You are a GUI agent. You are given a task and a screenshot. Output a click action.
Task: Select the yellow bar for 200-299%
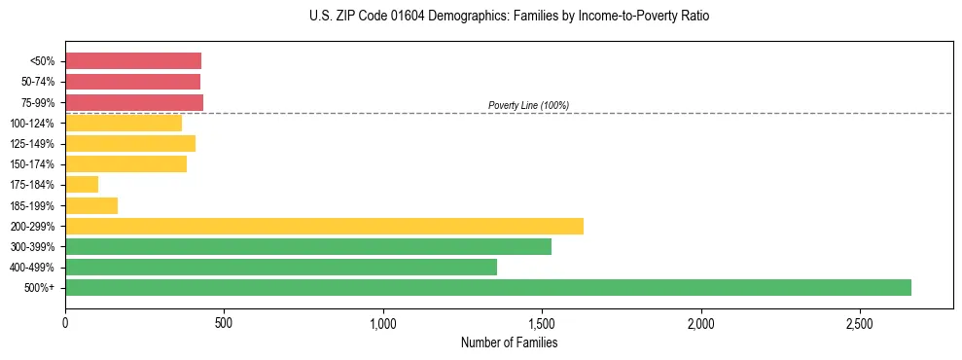324,226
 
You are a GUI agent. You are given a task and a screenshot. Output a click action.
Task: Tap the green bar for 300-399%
308,246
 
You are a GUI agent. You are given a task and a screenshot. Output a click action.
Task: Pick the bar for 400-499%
281,267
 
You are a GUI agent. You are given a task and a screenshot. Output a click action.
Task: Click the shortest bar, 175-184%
82,185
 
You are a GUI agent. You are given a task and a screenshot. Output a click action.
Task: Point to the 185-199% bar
91,205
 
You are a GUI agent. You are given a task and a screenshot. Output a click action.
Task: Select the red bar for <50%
133,60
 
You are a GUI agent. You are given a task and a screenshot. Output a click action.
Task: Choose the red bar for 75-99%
134,102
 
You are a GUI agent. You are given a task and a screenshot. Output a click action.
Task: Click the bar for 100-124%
124,123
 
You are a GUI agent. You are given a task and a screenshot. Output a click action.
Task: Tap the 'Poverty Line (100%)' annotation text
528,105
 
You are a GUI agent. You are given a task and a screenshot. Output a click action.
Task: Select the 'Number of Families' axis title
510,342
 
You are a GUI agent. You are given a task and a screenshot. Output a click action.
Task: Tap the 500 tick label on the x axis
224,321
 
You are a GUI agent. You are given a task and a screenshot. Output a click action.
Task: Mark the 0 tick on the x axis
65,321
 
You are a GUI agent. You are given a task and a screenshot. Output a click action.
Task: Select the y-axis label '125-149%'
33,144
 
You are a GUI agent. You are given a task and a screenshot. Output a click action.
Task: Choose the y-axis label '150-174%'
33,164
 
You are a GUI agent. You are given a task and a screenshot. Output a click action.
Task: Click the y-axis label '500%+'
40,288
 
